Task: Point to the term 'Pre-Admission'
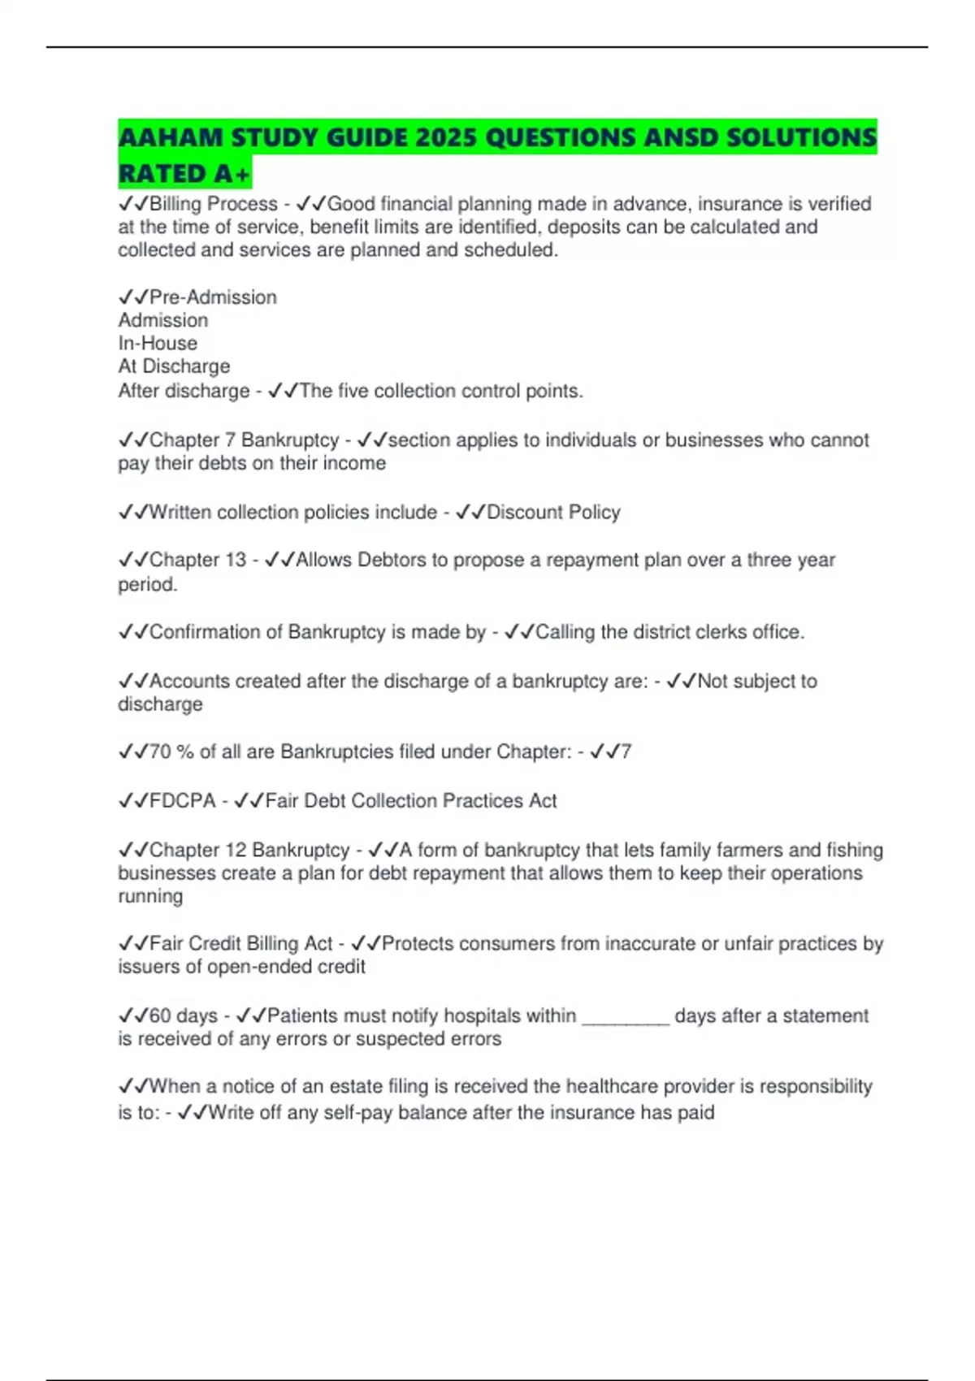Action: (213, 297)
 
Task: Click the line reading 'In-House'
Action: (158, 344)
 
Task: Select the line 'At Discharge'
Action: (174, 366)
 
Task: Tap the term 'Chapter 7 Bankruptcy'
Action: (244, 440)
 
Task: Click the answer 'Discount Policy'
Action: (553, 513)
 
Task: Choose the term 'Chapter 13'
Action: (197, 560)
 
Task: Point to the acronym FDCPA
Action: (183, 801)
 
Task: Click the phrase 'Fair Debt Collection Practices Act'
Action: (411, 801)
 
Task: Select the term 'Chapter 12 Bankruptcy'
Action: (249, 851)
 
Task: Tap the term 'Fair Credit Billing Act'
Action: (241, 944)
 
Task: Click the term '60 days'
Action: (184, 1016)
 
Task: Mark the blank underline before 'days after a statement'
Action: (626, 1020)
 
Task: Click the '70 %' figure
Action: (171, 752)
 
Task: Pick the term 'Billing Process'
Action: (214, 204)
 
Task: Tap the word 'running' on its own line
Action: (150, 897)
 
